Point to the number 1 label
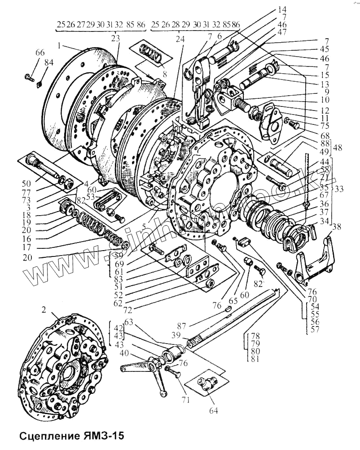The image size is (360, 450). [x=59, y=45]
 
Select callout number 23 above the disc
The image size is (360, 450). [x=116, y=39]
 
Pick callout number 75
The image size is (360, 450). [x=299, y=126]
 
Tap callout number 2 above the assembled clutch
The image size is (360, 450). [x=44, y=309]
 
